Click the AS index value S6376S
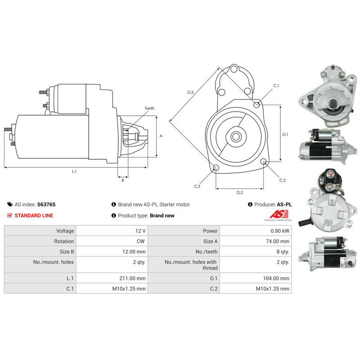[x=46, y=204]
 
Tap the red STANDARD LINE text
[x=34, y=216]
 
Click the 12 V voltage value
[x=140, y=231]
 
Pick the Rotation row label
[x=64, y=241]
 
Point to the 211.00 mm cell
[x=132, y=278]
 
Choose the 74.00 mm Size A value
[x=278, y=241]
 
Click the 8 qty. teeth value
[x=283, y=252]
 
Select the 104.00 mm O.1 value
[x=276, y=278]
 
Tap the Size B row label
[x=67, y=252]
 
